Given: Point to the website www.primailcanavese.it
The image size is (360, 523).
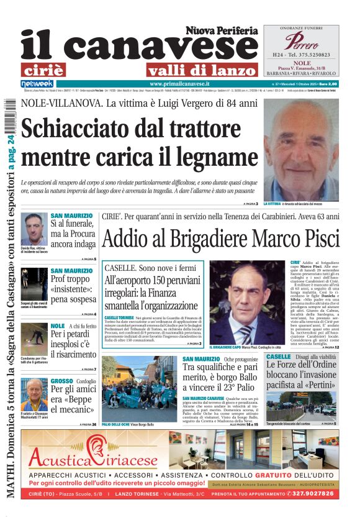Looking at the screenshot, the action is point(179,84).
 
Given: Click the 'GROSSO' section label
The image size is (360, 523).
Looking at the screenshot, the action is point(61,381).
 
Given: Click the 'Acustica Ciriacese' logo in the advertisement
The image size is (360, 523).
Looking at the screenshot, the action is point(92,460).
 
